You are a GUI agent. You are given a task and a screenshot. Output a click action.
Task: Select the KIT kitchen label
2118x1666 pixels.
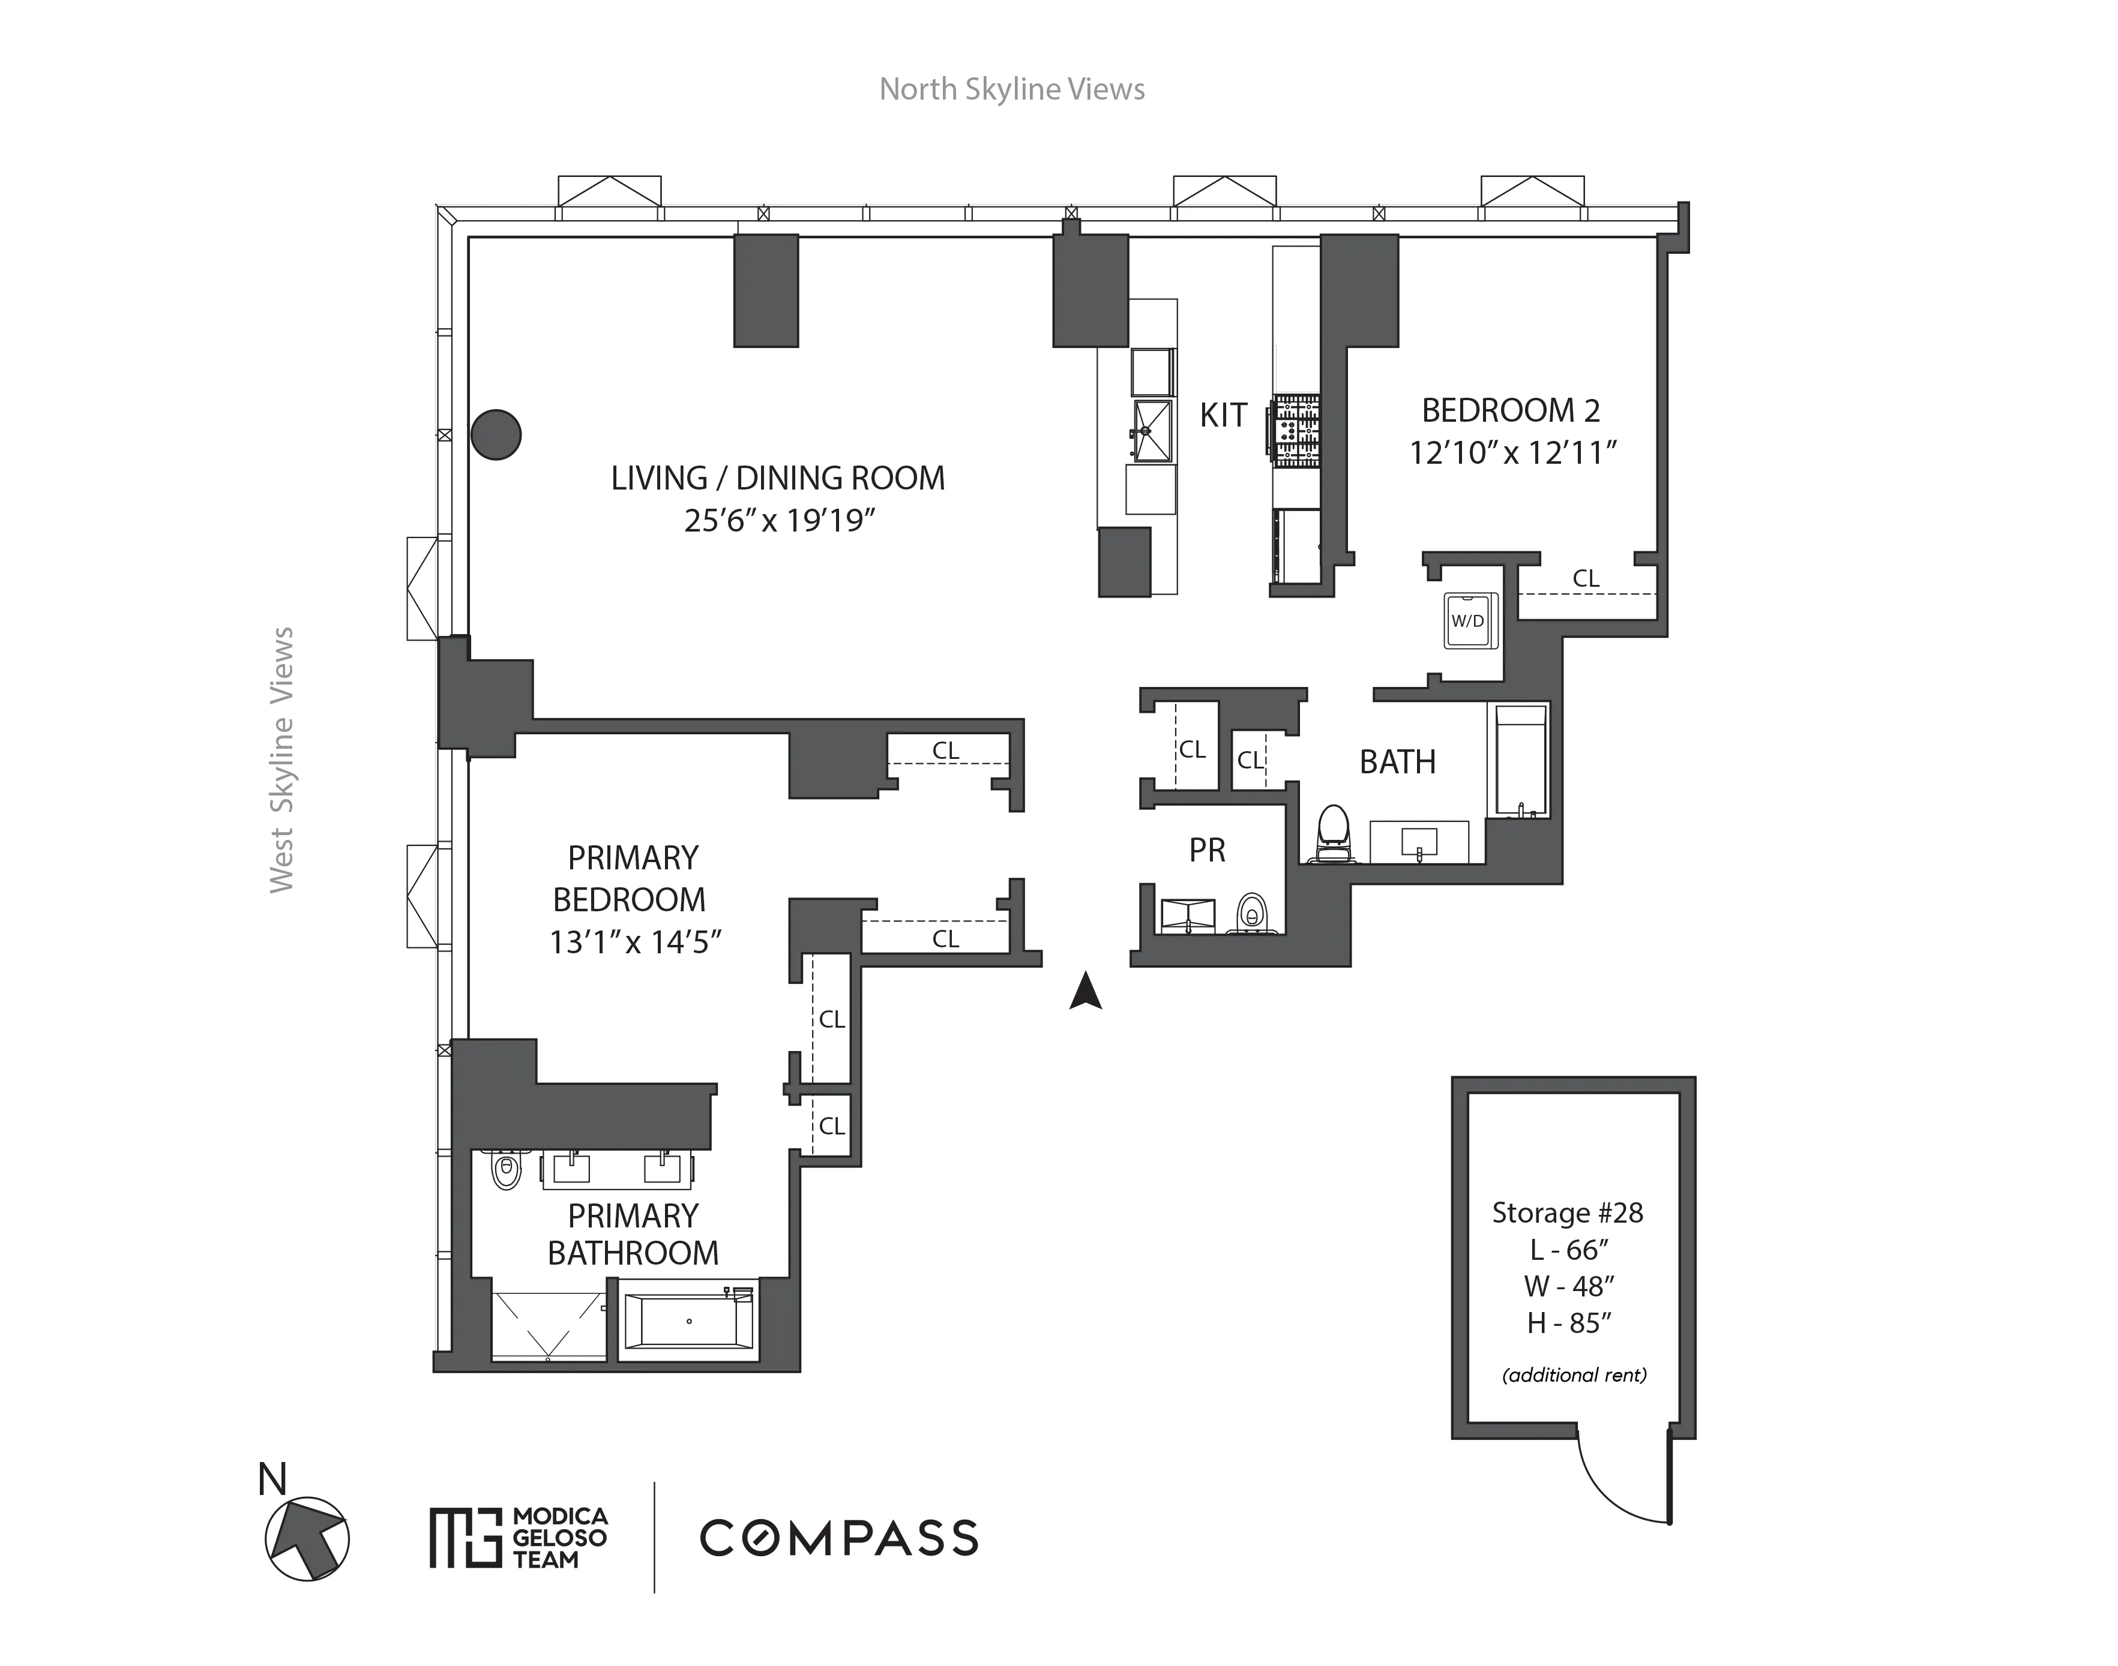[x=1223, y=416]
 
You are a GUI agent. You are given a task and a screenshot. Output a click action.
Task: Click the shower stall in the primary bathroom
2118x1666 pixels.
[x=547, y=1325]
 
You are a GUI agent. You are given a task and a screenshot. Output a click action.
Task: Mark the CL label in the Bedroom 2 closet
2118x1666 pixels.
[x=1585, y=578]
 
